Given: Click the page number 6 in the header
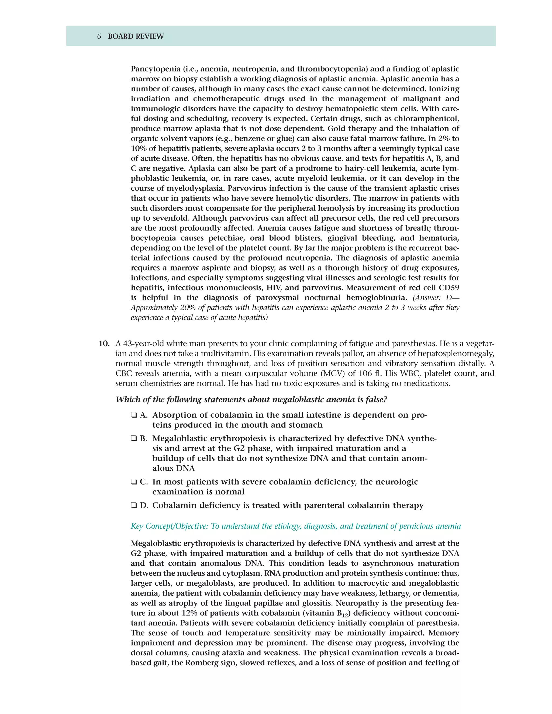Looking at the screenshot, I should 99,36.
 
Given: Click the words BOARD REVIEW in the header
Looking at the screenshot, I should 136,36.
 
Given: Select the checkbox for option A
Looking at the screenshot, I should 134,415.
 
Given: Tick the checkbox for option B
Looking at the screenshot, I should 134,439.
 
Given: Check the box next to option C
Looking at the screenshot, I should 134,482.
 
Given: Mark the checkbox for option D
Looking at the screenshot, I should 134,505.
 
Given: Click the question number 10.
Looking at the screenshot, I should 104,344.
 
